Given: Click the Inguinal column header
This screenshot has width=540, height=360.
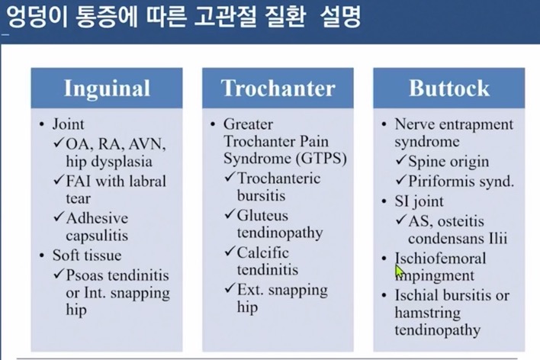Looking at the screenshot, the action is pyautogui.click(x=107, y=89).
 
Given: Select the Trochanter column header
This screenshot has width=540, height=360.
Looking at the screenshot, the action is pyautogui.click(x=278, y=88).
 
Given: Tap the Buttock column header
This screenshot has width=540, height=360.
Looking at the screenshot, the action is pyautogui.click(x=449, y=88).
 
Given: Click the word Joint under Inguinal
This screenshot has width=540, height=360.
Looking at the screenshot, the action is pyautogui.click(x=68, y=124).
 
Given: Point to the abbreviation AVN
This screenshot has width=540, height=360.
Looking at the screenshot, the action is pyautogui.click(x=147, y=144).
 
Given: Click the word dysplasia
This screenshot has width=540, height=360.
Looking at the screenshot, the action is pyautogui.click(x=119, y=162).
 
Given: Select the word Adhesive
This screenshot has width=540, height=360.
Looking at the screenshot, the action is pyautogui.click(x=97, y=218).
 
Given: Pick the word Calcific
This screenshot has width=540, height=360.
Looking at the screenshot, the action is pyautogui.click(x=263, y=252).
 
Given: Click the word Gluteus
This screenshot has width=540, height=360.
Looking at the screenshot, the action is pyautogui.click(x=262, y=216).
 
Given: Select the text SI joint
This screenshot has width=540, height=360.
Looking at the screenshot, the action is pyautogui.click(x=419, y=201).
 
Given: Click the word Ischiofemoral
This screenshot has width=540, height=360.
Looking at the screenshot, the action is pyautogui.click(x=441, y=259).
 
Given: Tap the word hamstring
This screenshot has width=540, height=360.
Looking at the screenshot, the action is pyautogui.click(x=427, y=313).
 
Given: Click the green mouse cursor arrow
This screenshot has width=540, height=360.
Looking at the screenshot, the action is pyautogui.click(x=399, y=272).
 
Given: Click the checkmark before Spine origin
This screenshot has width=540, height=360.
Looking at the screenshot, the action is pyautogui.click(x=401, y=160).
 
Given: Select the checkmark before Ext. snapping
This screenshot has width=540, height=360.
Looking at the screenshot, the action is pyautogui.click(x=230, y=288).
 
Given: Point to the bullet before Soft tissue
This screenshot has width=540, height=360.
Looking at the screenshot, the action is pyautogui.click(x=42, y=256).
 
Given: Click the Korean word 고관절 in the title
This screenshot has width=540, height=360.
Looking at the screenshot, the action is pyautogui.click(x=225, y=17).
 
